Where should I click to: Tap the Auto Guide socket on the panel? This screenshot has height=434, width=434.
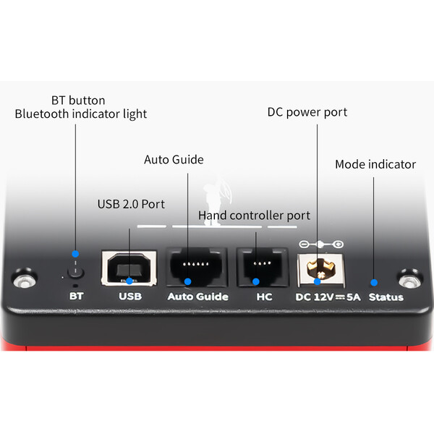pos(188,268)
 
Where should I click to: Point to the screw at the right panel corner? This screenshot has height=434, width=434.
pos(410,281)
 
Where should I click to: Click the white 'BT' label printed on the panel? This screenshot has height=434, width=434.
pos(75,297)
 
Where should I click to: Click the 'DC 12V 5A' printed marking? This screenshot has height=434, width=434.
pos(327,297)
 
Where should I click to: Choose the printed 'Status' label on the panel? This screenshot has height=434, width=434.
pos(386,297)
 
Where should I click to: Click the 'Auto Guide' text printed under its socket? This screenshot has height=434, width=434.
pos(197,297)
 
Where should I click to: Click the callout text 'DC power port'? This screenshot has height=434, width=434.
pos(307,112)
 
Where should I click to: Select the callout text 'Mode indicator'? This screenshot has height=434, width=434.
pos(375,164)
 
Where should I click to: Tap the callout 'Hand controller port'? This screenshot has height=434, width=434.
pos(254,215)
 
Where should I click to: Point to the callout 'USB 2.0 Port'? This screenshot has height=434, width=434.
pos(132,204)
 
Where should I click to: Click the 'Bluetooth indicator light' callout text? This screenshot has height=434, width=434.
pos(80,114)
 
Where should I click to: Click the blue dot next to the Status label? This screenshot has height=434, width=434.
pos(374,282)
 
